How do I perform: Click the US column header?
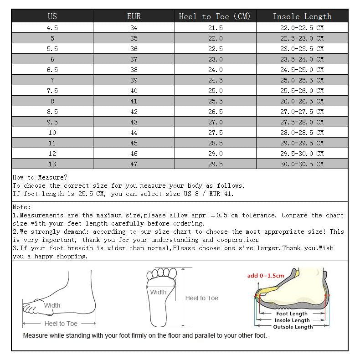(x=52, y=16)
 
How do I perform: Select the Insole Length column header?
(x=302, y=16)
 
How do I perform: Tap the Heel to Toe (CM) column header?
(x=215, y=16)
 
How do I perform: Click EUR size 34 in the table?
(x=134, y=28)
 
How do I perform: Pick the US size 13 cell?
(x=52, y=164)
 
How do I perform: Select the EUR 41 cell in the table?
(x=134, y=101)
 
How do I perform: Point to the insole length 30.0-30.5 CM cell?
(x=302, y=164)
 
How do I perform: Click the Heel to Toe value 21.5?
(x=215, y=28)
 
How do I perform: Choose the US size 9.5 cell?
(x=52, y=122)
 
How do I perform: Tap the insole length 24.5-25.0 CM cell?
(x=302, y=70)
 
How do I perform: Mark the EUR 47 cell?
(x=134, y=164)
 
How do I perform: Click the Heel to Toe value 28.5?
(x=215, y=143)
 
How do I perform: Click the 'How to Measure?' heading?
(x=40, y=177)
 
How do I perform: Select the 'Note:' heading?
(x=22, y=207)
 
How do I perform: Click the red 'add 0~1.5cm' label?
(x=266, y=275)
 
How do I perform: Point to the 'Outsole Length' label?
(x=293, y=327)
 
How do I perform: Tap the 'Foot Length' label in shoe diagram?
(x=292, y=314)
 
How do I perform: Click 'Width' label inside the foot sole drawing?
(x=158, y=292)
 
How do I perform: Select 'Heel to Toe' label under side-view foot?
(x=61, y=324)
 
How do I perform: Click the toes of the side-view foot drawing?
(x=30, y=308)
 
